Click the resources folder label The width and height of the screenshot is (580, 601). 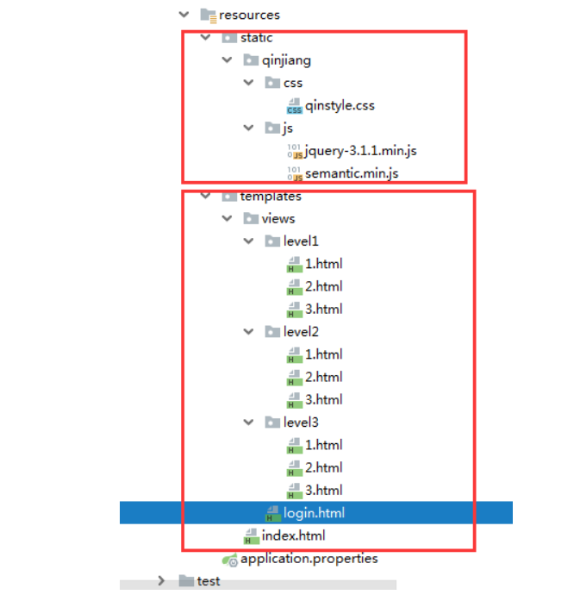pyautogui.click(x=249, y=15)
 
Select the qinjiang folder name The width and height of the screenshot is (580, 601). pyautogui.click(x=286, y=60)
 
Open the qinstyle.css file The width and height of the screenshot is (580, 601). pyautogui.click(x=340, y=105)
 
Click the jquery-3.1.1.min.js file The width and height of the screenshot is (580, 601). pyautogui.click(x=360, y=151)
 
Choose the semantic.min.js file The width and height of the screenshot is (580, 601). pyautogui.click(x=352, y=173)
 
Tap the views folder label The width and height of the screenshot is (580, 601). pyautogui.click(x=278, y=218)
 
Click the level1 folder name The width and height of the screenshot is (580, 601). pyautogui.click(x=301, y=241)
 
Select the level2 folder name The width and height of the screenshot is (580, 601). pyautogui.click(x=301, y=332)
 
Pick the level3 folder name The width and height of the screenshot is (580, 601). pyautogui.click(x=301, y=422)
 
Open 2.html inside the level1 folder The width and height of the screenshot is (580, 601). pyautogui.click(x=323, y=286)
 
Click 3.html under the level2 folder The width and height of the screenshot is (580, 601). pyautogui.click(x=323, y=399)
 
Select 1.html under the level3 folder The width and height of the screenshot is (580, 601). pyautogui.click(x=323, y=445)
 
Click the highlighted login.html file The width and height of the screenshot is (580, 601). pyautogui.click(x=314, y=513)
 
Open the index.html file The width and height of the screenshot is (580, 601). pyautogui.click(x=293, y=535)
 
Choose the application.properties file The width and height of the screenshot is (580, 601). pyautogui.click(x=309, y=559)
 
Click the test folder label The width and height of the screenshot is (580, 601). pyautogui.click(x=208, y=581)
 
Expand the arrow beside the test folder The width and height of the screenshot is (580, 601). pyautogui.click(x=161, y=580)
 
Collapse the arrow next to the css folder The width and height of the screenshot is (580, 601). pyautogui.click(x=248, y=83)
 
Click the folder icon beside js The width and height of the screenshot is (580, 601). pyautogui.click(x=272, y=128)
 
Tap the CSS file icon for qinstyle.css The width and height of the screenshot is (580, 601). pyautogui.click(x=294, y=106)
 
